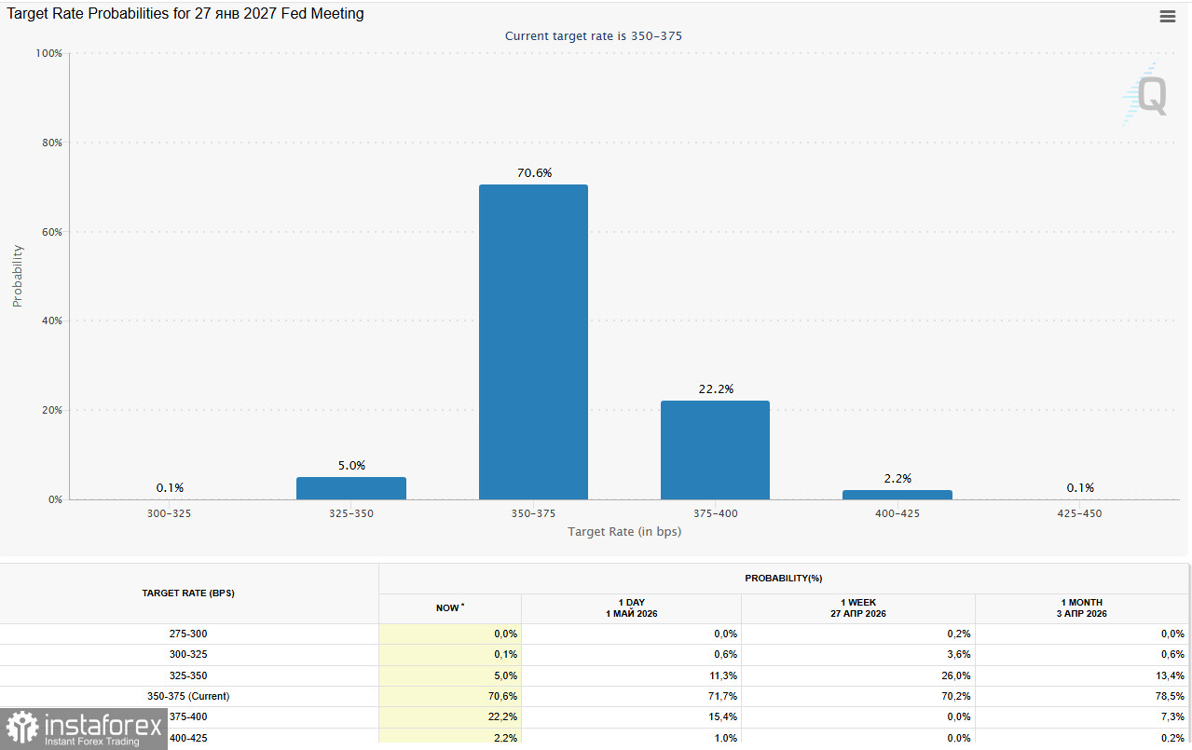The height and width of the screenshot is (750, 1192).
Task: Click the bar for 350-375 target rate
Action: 533,342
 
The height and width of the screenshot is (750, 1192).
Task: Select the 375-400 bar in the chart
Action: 715,450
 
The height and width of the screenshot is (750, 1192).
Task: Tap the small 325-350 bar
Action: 351,488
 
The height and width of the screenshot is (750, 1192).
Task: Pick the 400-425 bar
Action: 897,495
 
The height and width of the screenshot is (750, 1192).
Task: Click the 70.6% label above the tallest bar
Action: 534,173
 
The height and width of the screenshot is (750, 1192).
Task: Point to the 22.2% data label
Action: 716,389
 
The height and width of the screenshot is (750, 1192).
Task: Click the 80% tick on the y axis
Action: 52,143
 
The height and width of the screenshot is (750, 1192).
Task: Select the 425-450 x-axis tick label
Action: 1079,513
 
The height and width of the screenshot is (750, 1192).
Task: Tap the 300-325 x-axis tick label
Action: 169,513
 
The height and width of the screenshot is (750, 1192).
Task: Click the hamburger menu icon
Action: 1168,17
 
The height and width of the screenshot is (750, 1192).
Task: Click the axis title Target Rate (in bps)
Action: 624,531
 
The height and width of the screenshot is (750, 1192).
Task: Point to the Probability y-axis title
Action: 17,276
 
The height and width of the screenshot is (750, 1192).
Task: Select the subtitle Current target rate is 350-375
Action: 594,36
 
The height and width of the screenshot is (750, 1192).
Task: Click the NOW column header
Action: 449,608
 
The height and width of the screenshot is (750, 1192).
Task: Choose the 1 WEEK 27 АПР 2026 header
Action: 857,608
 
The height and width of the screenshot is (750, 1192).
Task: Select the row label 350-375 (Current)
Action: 188,696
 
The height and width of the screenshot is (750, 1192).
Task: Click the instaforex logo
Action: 84,729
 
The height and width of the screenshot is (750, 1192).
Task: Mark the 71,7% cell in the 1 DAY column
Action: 722,696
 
